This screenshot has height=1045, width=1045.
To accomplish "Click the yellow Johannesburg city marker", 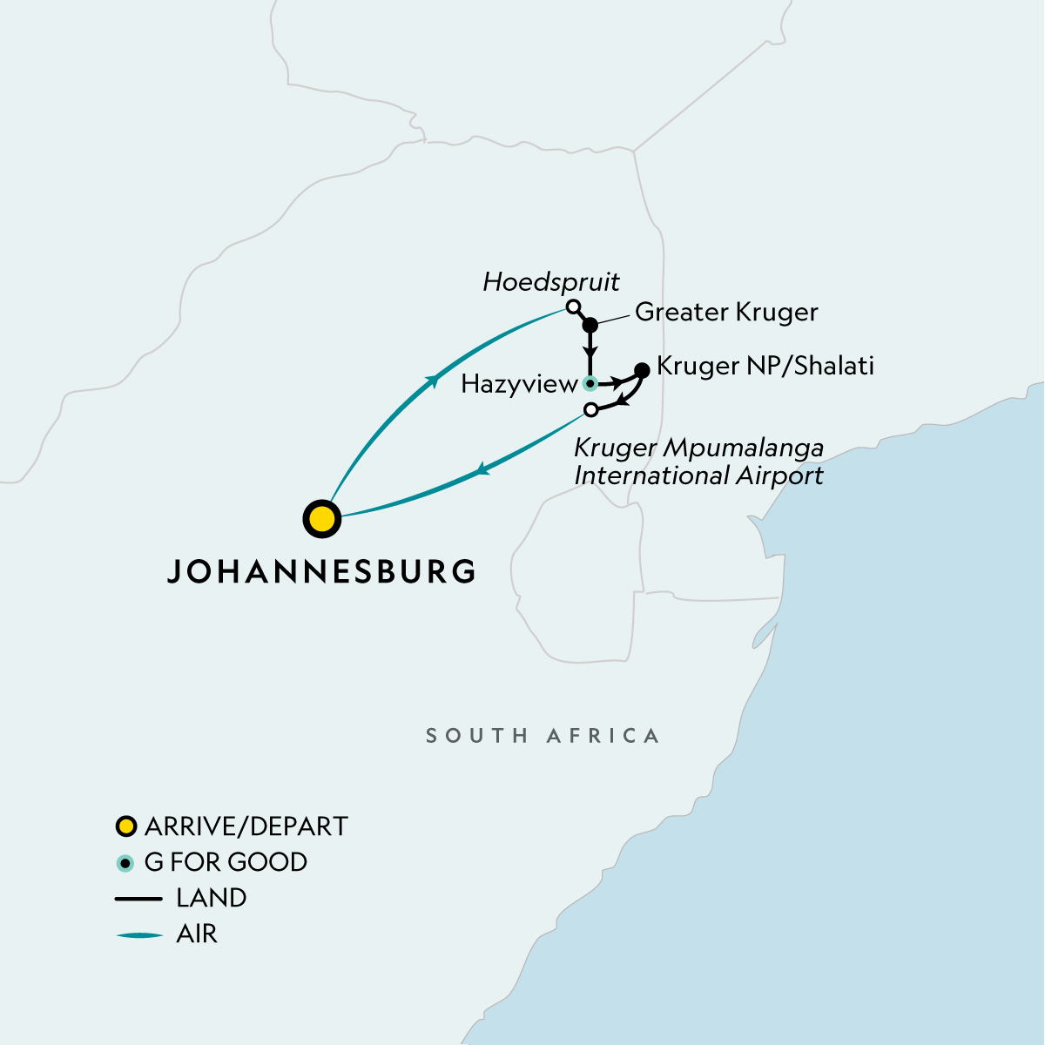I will (321, 519).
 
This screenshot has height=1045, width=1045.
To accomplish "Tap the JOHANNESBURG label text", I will (321, 571).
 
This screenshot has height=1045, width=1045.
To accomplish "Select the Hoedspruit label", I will (551, 282).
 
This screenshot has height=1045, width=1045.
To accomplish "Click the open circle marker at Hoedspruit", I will (572, 307).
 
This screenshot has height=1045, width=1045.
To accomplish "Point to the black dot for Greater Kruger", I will (590, 325).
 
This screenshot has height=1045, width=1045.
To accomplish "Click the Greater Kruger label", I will (726, 312).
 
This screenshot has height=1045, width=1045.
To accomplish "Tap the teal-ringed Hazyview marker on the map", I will (590, 383).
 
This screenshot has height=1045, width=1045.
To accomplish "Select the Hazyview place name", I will (519, 384).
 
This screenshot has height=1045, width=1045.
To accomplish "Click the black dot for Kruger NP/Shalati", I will (643, 370).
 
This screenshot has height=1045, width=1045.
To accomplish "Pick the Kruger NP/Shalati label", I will (765, 366).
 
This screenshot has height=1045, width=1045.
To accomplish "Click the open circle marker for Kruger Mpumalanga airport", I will (591, 409).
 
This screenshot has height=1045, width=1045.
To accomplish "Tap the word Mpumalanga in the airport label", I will (743, 448).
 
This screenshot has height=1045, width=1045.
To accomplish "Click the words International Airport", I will (698, 475).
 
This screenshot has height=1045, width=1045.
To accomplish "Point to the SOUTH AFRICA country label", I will (542, 736).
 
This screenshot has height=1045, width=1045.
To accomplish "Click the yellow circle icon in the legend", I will (126, 826).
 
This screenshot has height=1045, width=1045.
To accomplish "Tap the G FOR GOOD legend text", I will (226, 862).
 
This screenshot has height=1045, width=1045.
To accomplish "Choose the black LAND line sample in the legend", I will (139, 899).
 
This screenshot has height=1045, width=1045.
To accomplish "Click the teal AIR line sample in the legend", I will (139, 935).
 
